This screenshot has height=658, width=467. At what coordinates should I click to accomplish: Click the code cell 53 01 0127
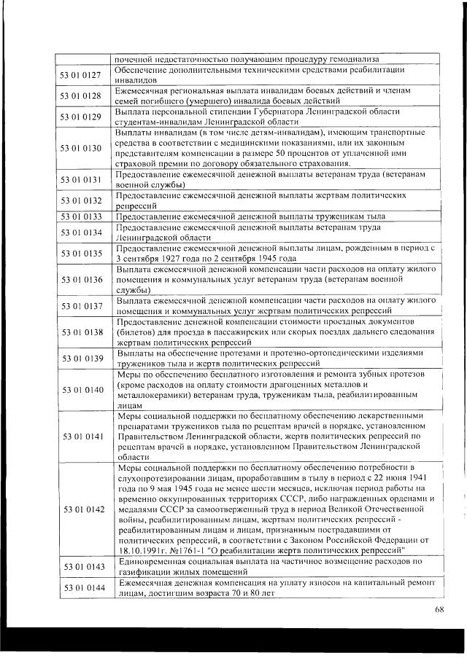[82, 74]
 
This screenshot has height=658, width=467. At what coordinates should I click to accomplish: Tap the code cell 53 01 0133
[82, 216]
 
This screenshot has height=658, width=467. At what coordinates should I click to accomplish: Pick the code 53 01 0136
[82, 280]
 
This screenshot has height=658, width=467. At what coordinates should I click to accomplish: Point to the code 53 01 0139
[82, 358]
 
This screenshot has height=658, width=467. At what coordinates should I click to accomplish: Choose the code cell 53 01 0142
[82, 509]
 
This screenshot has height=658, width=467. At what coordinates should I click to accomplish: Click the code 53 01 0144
[82, 588]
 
